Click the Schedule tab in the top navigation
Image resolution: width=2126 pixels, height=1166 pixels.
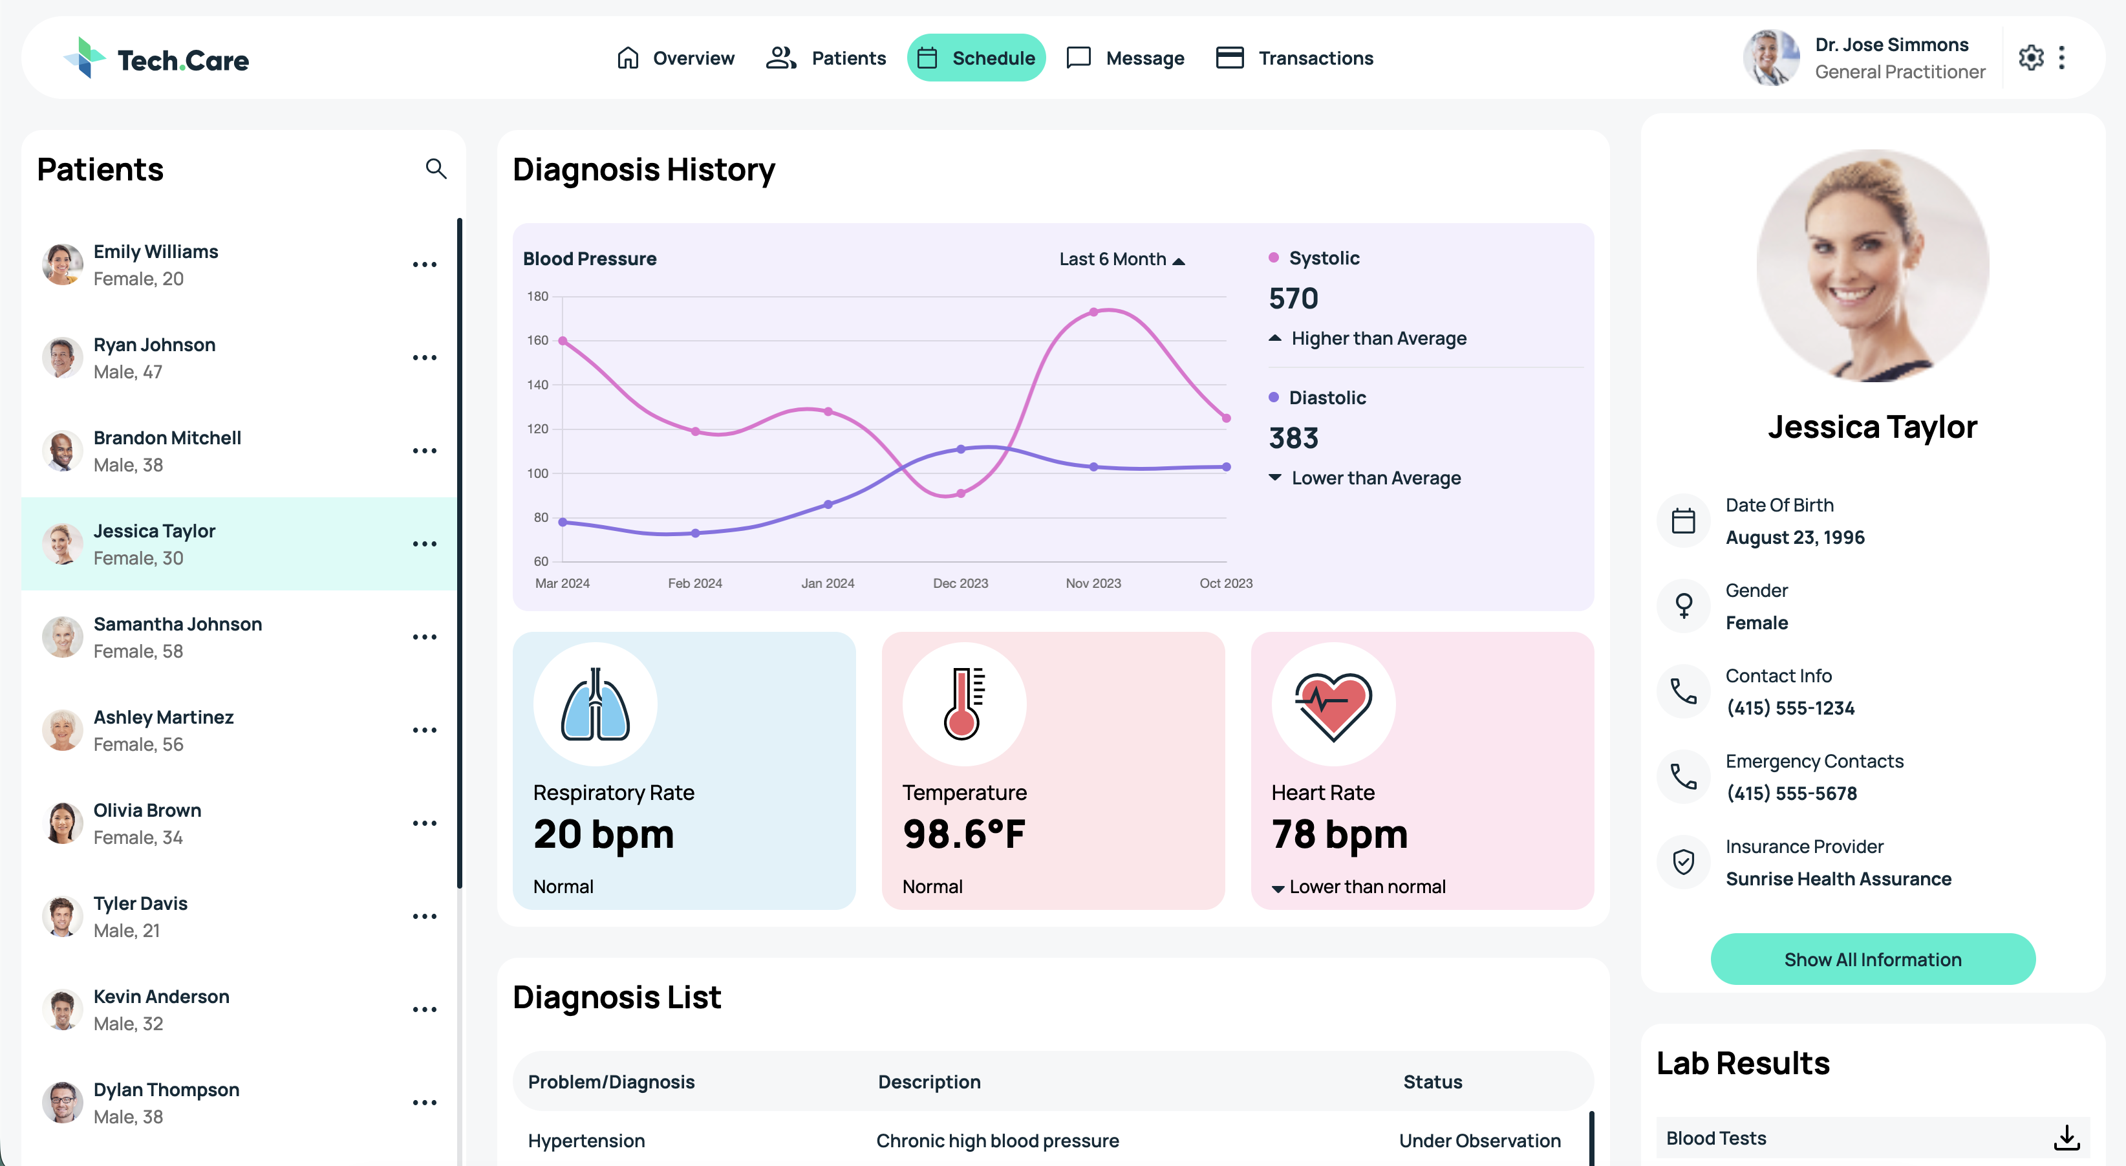[976, 58]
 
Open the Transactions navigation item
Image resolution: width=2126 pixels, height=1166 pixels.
[1294, 58]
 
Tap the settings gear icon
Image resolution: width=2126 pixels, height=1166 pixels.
[2031, 58]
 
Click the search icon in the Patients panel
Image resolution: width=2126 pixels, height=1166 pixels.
[436, 169]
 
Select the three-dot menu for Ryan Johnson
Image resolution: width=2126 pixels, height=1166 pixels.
[424, 358]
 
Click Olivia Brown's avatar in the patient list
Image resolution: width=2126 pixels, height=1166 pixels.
[63, 823]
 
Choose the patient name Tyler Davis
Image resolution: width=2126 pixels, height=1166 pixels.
[140, 903]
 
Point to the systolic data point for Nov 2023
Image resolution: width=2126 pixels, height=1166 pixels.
[1093, 312]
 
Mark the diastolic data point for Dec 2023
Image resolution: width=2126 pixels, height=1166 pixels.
[961, 449]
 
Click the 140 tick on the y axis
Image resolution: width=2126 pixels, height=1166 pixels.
[537, 385]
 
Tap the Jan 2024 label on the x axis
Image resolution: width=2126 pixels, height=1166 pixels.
[828, 583]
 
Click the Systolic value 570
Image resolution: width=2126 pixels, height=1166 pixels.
[1293, 298]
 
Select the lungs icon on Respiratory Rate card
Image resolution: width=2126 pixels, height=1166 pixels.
[595, 704]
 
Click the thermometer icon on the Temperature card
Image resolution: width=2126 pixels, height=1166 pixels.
[964, 704]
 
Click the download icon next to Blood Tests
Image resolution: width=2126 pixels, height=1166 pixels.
[2067, 1138]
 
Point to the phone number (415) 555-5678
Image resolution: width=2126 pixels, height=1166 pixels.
[1792, 793]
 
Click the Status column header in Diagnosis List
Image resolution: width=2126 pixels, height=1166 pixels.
[1433, 1082]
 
